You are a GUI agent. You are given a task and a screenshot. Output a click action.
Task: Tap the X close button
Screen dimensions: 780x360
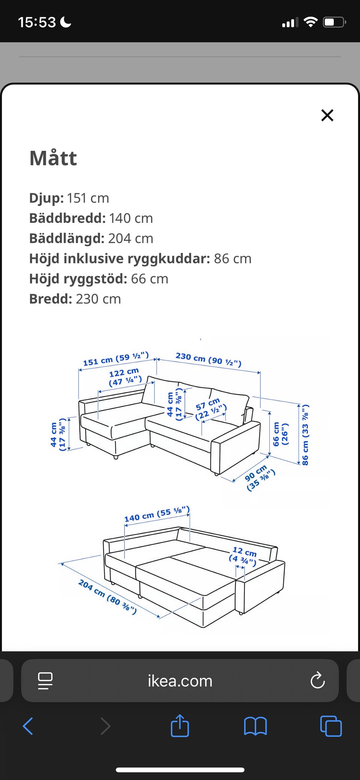click(x=327, y=115)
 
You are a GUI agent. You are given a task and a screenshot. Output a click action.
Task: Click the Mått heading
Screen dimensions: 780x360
click(x=53, y=158)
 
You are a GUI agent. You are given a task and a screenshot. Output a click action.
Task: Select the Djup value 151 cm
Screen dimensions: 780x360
click(x=88, y=198)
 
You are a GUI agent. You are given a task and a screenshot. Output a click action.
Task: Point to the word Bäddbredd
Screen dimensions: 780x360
click(x=67, y=218)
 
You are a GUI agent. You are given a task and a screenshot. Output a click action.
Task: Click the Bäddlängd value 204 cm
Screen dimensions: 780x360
click(x=130, y=239)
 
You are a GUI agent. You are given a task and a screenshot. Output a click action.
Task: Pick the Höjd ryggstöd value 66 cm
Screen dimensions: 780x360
click(x=149, y=279)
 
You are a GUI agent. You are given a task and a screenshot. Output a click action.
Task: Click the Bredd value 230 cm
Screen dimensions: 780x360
click(x=98, y=299)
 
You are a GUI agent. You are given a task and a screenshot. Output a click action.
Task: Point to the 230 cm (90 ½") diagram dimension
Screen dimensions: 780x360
click(x=208, y=359)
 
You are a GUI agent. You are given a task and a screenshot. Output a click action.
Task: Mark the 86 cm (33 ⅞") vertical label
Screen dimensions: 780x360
click(x=305, y=435)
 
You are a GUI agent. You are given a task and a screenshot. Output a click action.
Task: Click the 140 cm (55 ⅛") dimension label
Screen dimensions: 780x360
click(x=157, y=514)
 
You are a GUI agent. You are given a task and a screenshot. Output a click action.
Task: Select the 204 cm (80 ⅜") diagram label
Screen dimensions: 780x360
click(x=107, y=597)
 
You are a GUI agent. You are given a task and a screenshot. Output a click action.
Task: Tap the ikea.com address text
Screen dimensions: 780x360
click(x=180, y=681)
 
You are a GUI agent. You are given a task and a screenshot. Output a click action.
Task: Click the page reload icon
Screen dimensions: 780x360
click(x=317, y=681)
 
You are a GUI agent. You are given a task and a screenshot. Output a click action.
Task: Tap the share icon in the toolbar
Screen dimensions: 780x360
click(x=180, y=726)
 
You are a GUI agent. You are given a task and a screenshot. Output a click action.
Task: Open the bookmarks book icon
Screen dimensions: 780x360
click(x=255, y=726)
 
